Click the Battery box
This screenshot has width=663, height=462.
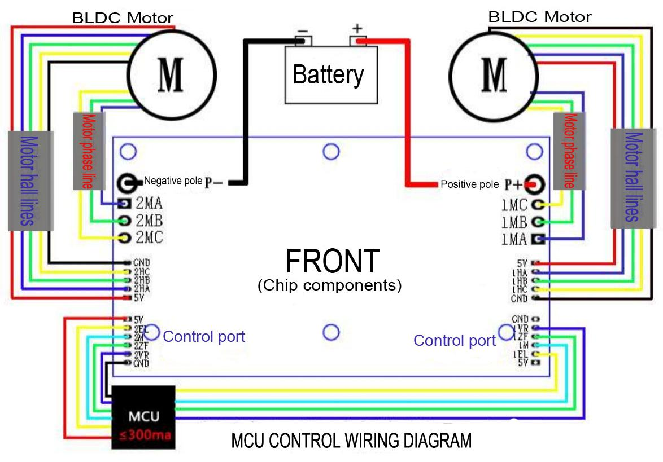pyautogui.click(x=331, y=74)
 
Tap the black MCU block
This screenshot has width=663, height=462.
pyautogui.click(x=143, y=417)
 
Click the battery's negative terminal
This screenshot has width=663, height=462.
pyautogui.click(x=304, y=41)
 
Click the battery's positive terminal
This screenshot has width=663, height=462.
pyautogui.click(x=357, y=41)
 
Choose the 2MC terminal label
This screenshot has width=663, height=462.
pyautogui.click(x=149, y=237)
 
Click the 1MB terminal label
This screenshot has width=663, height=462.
pyautogui.click(x=514, y=222)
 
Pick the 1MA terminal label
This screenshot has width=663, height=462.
pyautogui.click(x=514, y=239)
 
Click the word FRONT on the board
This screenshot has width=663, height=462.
pyautogui.click(x=332, y=261)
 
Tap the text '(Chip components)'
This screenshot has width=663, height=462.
pyautogui.click(x=330, y=285)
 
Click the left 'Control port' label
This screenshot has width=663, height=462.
pyautogui.click(x=204, y=337)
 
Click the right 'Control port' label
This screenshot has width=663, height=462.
pyautogui.click(x=455, y=340)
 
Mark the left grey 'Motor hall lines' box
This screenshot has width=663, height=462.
pyautogui.click(x=30, y=181)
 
